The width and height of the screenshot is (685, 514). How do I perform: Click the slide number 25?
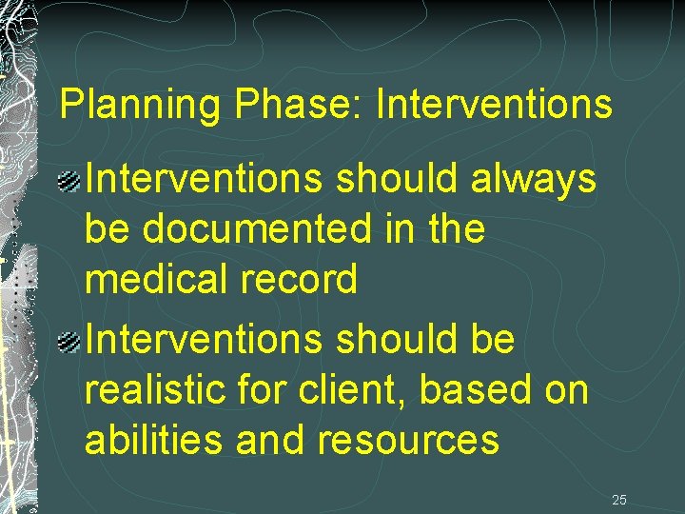[619, 499]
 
